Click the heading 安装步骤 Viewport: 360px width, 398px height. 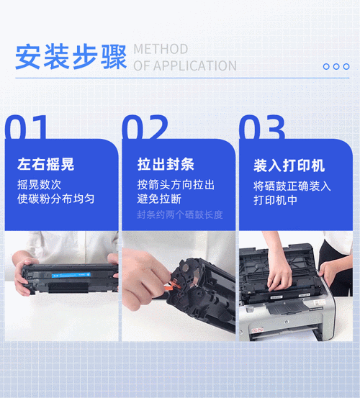(x=71, y=58)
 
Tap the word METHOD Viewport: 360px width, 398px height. (x=161, y=49)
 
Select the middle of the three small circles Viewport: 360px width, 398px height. (x=336, y=66)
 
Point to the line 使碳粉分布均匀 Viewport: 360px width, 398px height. (x=56, y=199)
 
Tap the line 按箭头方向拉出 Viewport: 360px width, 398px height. (x=176, y=184)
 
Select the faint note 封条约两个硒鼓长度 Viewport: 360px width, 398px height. (x=180, y=214)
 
